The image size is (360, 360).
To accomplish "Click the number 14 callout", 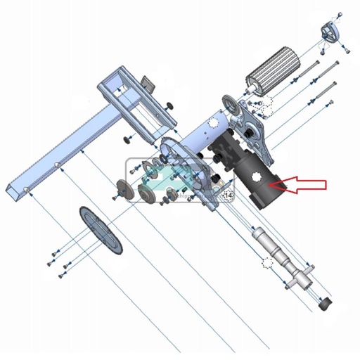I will coord(227,193).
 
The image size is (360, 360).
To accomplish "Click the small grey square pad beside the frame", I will coord(148,84).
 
